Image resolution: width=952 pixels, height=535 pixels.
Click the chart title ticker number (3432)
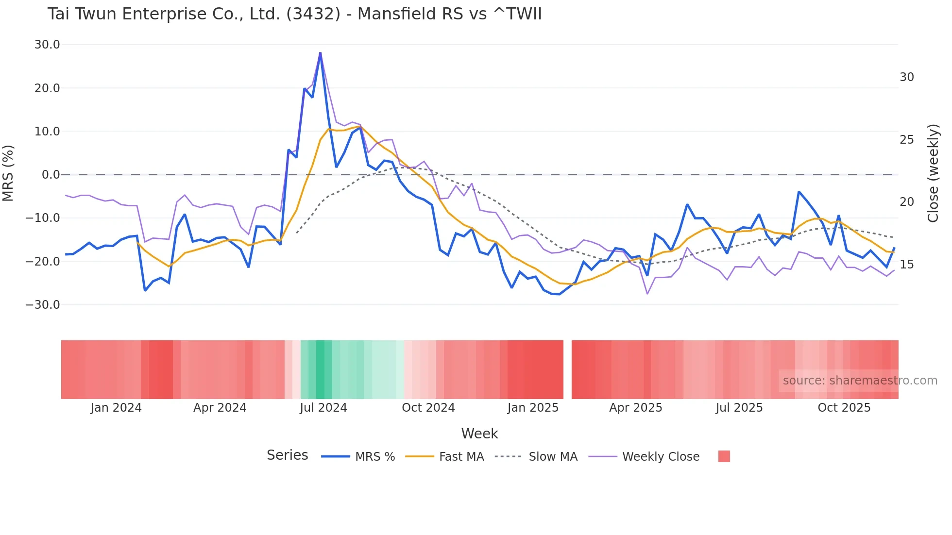(313, 14)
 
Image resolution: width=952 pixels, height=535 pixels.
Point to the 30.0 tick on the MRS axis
(47, 45)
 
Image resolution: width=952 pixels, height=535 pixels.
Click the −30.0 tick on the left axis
(43, 305)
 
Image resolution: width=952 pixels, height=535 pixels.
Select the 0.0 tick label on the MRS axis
(51, 175)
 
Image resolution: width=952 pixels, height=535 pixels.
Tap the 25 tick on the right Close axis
(906, 140)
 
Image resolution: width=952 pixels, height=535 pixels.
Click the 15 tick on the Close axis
(906, 265)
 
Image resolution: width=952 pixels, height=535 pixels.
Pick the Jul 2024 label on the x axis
(323, 408)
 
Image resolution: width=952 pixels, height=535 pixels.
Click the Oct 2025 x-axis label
(844, 408)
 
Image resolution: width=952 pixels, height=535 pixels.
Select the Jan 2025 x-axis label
(533, 408)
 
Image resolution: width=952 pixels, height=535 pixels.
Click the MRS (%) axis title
(8, 173)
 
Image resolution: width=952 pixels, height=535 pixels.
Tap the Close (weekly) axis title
(933, 173)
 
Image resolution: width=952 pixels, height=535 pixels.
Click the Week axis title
(479, 434)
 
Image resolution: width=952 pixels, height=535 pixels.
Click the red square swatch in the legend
(724, 456)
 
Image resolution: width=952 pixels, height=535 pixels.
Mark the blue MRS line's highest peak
(320, 53)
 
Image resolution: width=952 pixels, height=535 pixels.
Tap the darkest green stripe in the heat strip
(320, 369)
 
